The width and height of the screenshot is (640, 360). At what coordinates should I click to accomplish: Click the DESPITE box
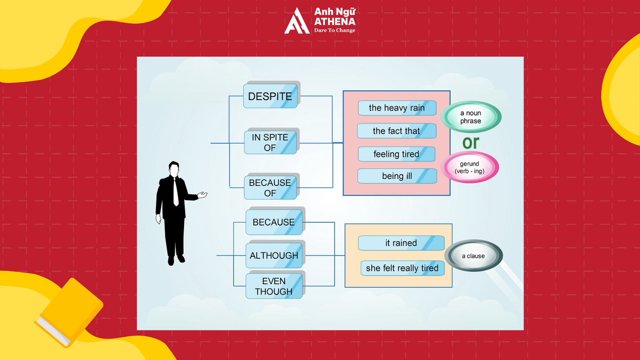click(270, 96)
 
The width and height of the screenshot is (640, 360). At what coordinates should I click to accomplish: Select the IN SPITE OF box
click(270, 142)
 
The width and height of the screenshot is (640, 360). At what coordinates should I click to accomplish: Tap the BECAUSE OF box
click(270, 188)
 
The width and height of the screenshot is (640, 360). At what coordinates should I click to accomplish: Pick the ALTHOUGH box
click(274, 255)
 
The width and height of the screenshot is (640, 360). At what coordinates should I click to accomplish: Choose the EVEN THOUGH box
click(274, 286)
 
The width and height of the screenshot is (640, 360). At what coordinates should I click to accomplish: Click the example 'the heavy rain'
click(397, 108)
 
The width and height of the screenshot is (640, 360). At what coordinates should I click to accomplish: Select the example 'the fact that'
click(397, 131)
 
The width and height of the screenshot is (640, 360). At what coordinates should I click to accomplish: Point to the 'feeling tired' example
click(397, 154)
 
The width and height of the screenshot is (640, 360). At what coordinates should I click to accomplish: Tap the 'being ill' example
click(397, 176)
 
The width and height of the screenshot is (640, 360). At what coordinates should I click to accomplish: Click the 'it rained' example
click(401, 243)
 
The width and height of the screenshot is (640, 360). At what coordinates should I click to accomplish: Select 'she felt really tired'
click(402, 268)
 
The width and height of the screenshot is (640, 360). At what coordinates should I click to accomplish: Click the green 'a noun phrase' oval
click(471, 117)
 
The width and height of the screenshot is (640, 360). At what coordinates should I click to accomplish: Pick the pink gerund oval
click(470, 167)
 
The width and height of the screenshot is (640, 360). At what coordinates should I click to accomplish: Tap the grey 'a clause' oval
click(473, 256)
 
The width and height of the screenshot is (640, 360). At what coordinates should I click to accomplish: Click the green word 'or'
click(471, 143)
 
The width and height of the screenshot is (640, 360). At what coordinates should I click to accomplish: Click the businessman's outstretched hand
click(202, 195)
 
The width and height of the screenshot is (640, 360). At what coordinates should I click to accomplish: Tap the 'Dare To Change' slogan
click(335, 30)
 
